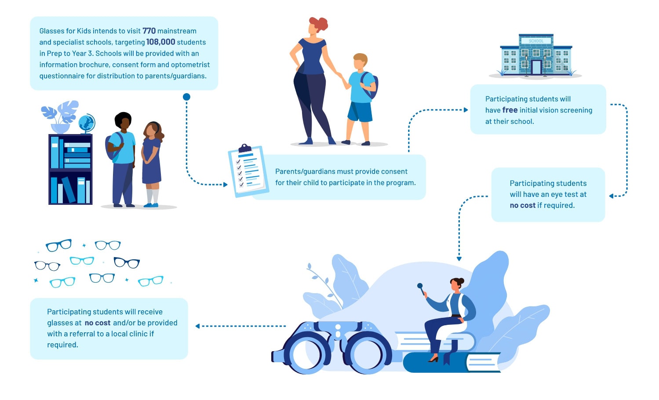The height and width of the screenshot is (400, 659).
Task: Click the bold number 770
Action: [x=149, y=31]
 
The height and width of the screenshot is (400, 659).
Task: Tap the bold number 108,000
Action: [x=160, y=42]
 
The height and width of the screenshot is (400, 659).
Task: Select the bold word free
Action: [x=510, y=110]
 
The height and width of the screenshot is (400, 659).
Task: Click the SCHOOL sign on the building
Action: [x=536, y=41]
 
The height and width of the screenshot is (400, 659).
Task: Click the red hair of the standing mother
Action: [x=319, y=24]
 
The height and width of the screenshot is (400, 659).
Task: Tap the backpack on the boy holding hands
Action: [x=370, y=85]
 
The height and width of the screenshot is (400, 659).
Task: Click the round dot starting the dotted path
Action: [x=186, y=97]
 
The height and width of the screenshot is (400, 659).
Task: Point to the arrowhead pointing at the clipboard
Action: [x=226, y=185]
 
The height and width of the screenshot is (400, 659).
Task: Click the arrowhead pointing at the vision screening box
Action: [x=466, y=110]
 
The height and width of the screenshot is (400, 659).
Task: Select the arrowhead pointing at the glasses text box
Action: [x=198, y=326]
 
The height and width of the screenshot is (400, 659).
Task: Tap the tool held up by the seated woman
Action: [x=421, y=289]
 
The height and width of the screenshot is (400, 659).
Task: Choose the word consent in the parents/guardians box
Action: [x=393, y=171]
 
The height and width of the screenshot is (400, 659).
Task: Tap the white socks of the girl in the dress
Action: [x=153, y=196]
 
